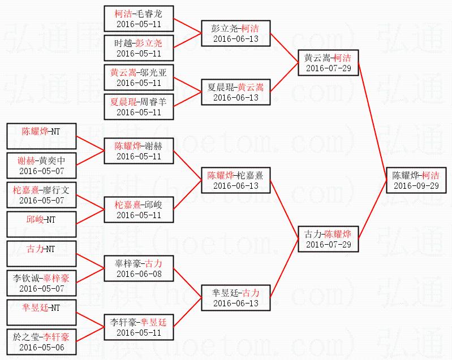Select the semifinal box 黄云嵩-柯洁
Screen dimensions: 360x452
click(x=328, y=63)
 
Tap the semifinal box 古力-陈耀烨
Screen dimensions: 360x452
click(x=328, y=239)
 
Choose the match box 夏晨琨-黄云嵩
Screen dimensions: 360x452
click(x=235, y=92)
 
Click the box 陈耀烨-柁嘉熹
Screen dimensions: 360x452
click(x=235, y=180)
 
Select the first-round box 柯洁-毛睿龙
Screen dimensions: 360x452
click(x=139, y=19)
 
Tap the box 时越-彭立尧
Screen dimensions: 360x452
click(x=139, y=48)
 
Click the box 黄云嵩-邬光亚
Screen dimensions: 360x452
click(x=139, y=77)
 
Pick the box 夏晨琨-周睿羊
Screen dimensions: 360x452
click(x=139, y=107)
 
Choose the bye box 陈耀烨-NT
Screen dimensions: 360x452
click(x=41, y=136)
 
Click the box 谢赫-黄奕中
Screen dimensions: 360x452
click(x=41, y=166)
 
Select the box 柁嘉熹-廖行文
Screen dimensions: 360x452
click(x=41, y=195)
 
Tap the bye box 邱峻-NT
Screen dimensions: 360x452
click(x=41, y=224)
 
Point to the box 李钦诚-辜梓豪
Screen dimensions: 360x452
click(x=41, y=283)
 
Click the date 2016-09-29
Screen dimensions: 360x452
click(x=415, y=186)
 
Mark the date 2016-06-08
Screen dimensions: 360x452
click(x=139, y=274)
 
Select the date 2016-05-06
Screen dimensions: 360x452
click(x=41, y=347)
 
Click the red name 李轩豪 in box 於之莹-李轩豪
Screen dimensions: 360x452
click(x=57, y=337)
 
